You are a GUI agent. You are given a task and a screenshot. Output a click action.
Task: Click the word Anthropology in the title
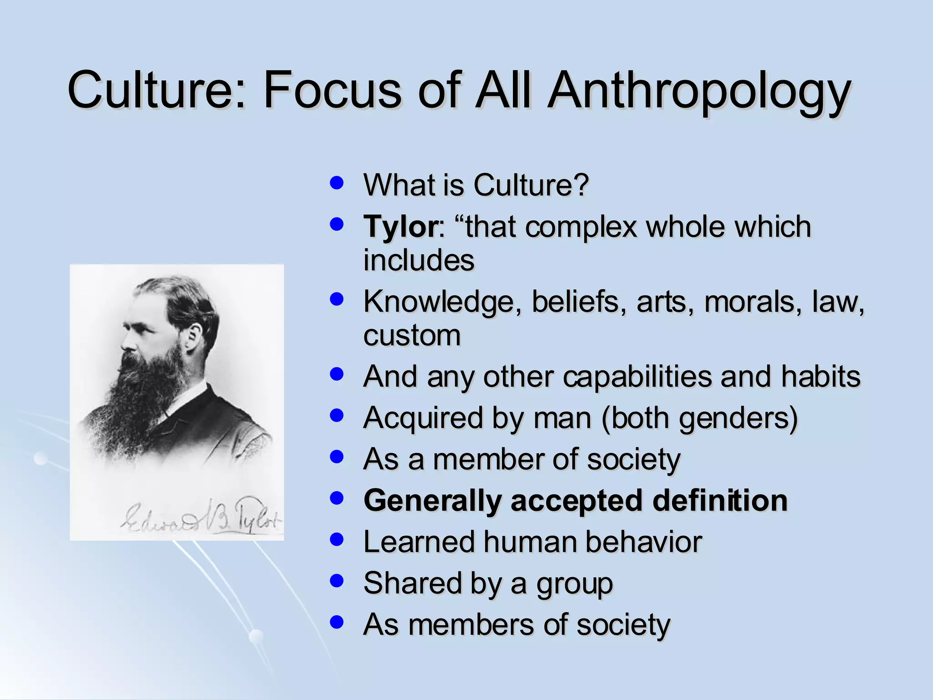click(699, 91)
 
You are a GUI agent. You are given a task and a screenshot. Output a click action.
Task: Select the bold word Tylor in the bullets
click(400, 226)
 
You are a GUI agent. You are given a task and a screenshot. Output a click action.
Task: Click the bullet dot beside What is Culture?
click(336, 183)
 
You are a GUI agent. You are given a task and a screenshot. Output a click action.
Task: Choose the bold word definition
click(720, 500)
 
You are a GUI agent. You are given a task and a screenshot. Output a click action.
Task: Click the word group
click(574, 584)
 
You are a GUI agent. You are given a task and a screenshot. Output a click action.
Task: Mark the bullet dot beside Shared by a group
click(336, 581)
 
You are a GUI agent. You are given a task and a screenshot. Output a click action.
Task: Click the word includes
click(419, 260)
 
